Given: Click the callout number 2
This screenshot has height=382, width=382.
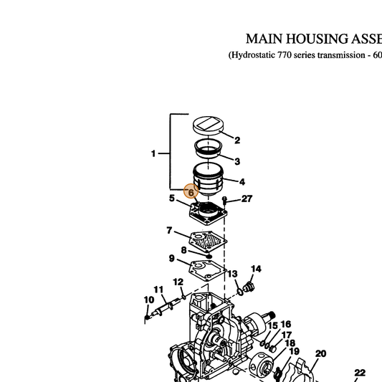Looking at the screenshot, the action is coord(237,140).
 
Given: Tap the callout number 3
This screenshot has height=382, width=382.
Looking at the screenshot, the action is coord(237,161).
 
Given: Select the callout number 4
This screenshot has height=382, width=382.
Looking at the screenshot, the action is coord(242,182).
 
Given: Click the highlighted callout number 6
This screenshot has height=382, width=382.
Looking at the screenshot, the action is coord(191,193).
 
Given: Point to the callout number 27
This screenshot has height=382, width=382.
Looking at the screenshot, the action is coord(247,199).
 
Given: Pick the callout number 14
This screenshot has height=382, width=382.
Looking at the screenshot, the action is coord(256,269).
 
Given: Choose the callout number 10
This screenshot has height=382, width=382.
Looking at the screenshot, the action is coord(149,300).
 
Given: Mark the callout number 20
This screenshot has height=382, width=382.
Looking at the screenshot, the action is coord(320,353).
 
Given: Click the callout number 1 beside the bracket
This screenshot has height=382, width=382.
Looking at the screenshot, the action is coord(153,153).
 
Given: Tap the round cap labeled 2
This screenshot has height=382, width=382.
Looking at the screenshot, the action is coord(209,125).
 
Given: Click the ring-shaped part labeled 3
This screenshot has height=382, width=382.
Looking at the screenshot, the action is coord(209,148).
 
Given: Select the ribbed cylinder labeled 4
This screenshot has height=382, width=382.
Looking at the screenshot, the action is coord(208,179).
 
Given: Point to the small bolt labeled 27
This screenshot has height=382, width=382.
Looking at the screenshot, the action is coord(224,201).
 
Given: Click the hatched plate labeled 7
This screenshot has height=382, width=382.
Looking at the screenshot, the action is coord(208,242).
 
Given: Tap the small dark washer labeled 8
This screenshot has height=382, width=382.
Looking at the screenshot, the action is coord(209,257).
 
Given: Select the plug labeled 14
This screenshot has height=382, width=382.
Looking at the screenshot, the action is coord(249,287).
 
